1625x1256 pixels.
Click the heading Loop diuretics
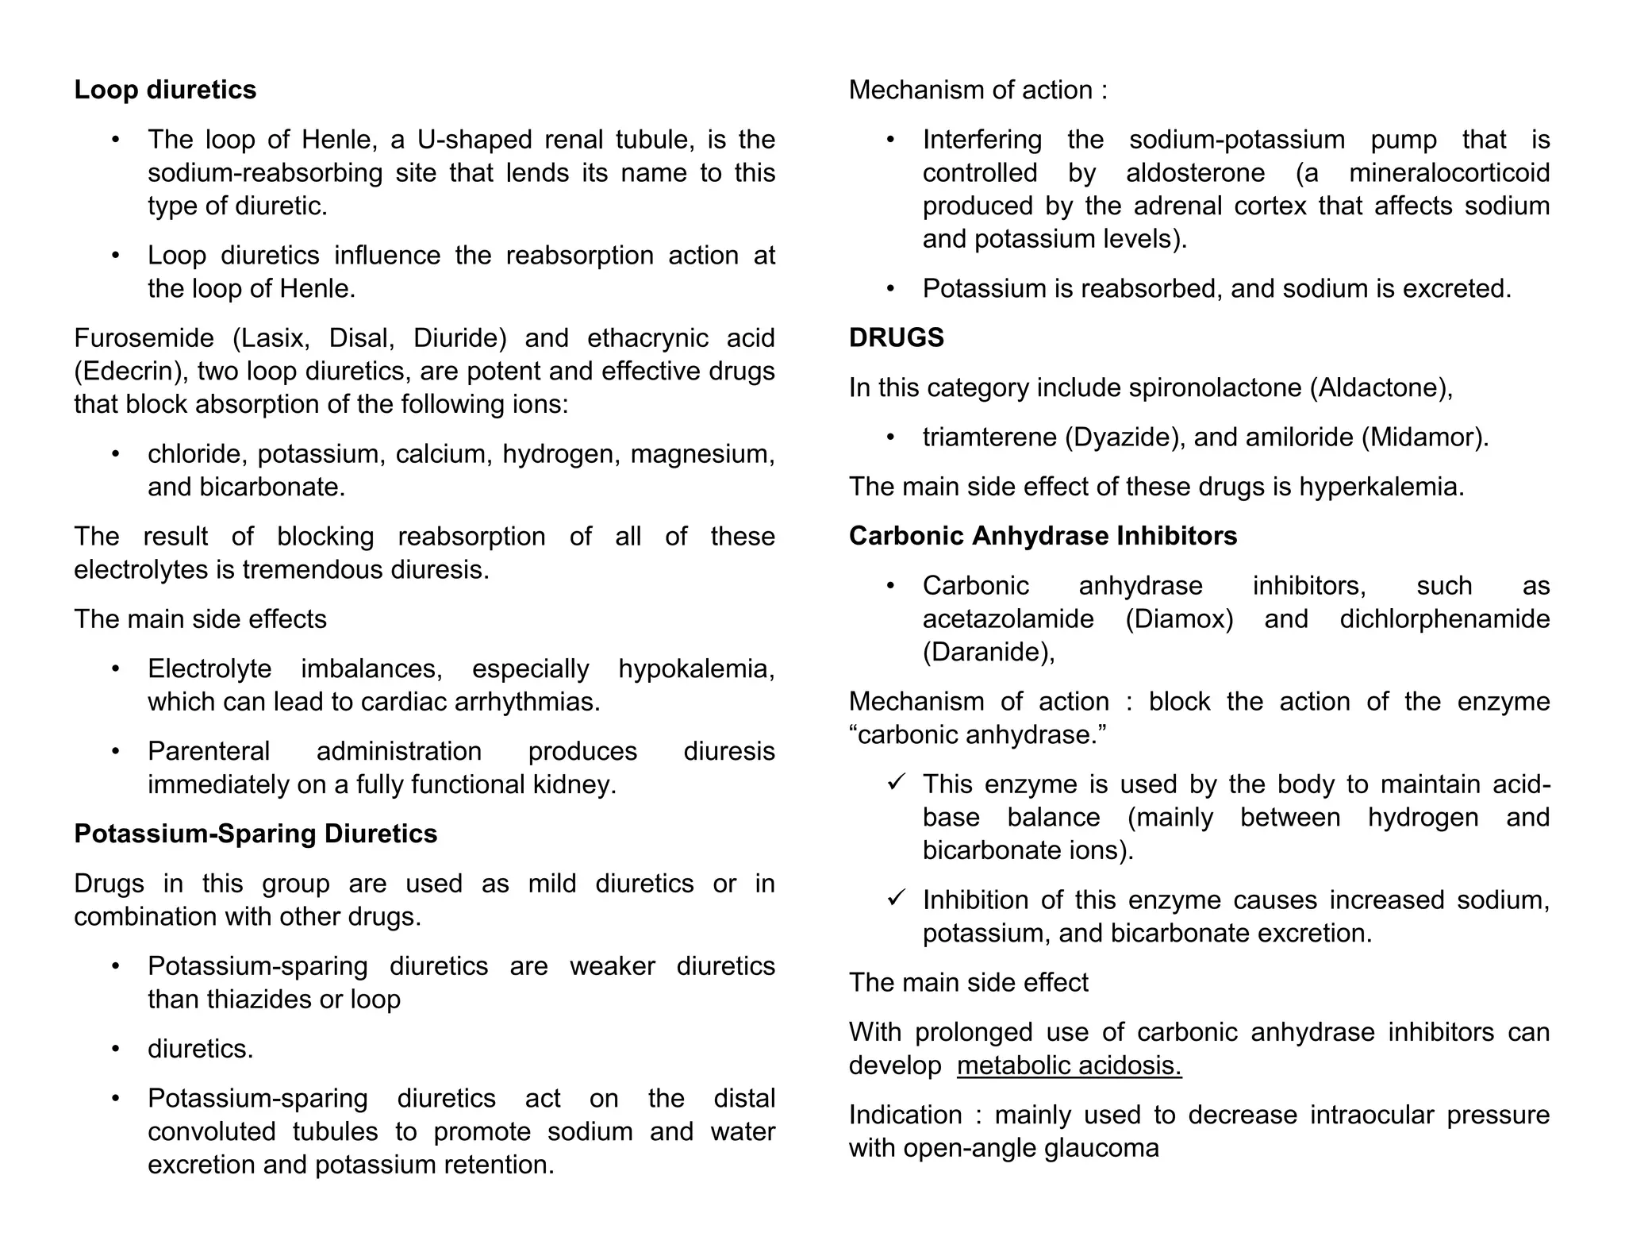[x=165, y=90]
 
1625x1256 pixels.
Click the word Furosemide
[x=144, y=338]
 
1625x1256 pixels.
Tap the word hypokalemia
[x=695, y=668]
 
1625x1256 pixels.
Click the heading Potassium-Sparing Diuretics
[x=255, y=834]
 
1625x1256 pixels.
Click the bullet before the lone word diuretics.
[x=116, y=1049]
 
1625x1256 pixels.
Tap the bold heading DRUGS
[x=896, y=338]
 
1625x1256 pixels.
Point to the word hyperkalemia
[x=1381, y=487]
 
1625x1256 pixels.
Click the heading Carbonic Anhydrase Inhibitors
[x=1043, y=536]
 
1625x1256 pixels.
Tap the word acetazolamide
[x=1008, y=618]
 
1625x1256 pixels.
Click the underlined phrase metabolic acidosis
[x=1069, y=1065]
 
